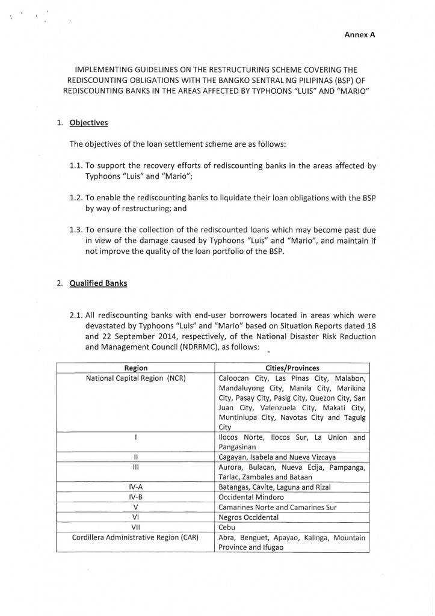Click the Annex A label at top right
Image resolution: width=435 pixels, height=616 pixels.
pyautogui.click(x=360, y=35)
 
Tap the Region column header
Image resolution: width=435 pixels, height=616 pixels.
pyautogui.click(x=136, y=368)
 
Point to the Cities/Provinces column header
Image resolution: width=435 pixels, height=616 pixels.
pyautogui.click(x=292, y=368)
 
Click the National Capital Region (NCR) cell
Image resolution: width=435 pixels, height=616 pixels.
pyautogui.click(x=136, y=378)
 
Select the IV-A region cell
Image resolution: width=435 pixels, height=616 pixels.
pyautogui.click(x=136, y=487)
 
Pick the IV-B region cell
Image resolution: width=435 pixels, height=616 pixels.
pyautogui.click(x=136, y=497)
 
